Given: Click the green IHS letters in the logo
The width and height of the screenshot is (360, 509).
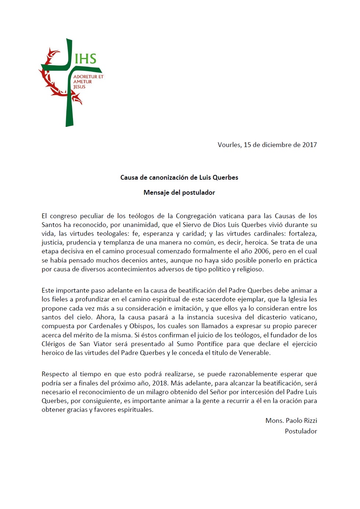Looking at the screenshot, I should click(x=86, y=59).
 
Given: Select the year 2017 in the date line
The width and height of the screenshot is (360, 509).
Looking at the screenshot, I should click(x=309, y=145).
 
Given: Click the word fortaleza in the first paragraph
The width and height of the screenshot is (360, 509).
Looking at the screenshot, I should click(x=302, y=234).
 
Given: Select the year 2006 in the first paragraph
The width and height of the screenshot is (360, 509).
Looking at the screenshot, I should click(x=262, y=251).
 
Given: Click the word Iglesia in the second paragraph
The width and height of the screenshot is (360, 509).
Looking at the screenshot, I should click(x=297, y=299).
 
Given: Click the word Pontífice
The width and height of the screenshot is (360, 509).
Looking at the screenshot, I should click(x=210, y=344).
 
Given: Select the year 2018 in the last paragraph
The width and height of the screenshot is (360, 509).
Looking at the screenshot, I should click(x=160, y=383).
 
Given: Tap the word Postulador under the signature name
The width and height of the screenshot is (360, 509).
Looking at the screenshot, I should click(x=301, y=431).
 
